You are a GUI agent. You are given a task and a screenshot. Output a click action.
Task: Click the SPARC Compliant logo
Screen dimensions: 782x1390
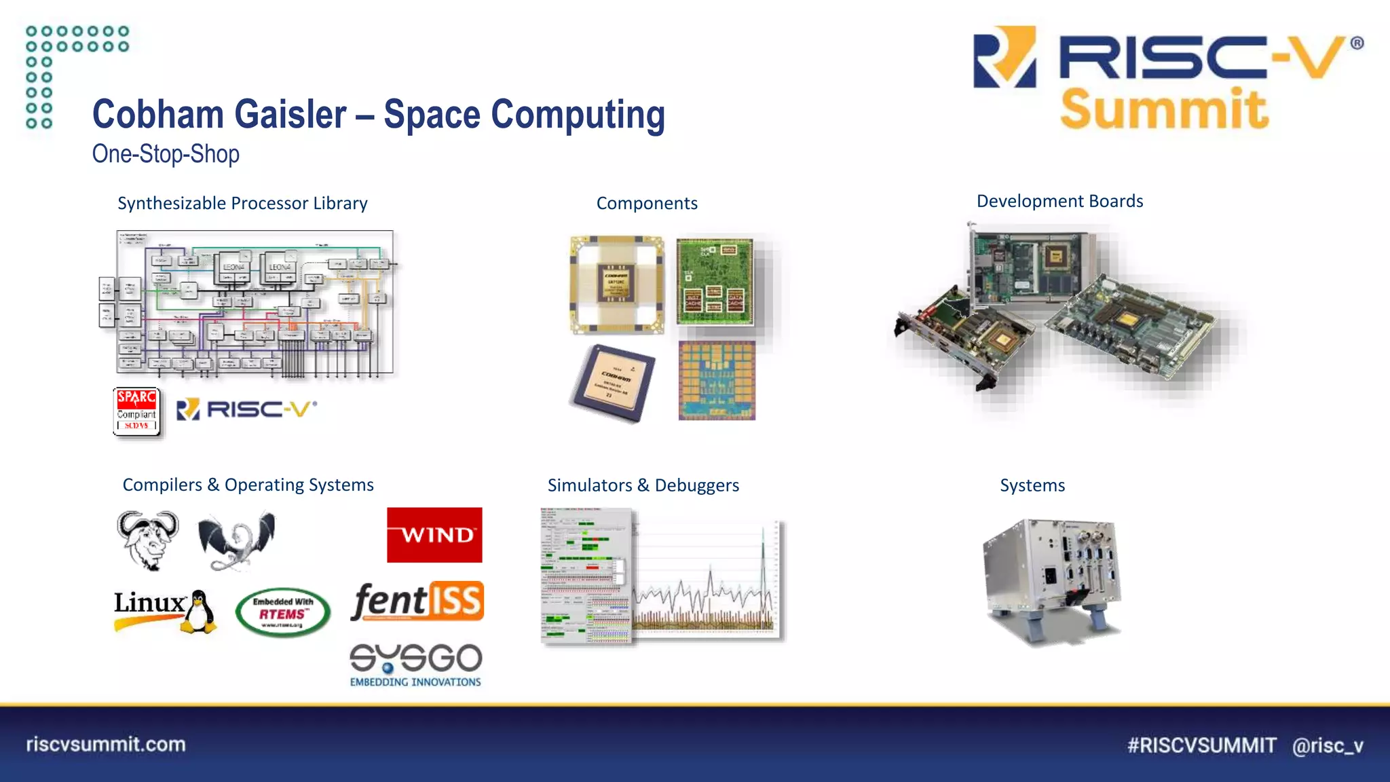(136, 411)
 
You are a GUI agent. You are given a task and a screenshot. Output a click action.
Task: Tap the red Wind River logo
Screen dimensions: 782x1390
(434, 535)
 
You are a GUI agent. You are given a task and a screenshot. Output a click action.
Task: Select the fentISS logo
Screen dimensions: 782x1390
(417, 601)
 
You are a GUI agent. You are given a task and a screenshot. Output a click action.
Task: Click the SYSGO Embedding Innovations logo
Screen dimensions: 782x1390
(415, 665)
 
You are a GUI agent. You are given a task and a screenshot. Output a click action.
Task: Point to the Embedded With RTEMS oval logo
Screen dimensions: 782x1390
(283, 612)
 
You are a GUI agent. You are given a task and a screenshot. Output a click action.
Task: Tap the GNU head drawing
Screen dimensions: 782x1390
(147, 540)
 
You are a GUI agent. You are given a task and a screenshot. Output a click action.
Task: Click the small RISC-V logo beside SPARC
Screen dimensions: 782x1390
(246, 409)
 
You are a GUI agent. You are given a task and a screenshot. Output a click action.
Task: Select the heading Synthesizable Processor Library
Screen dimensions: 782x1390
(242, 203)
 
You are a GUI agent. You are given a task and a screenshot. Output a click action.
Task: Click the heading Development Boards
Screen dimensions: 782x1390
(1059, 201)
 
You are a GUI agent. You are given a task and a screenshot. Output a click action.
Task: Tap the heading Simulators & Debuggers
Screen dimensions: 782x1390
(643, 485)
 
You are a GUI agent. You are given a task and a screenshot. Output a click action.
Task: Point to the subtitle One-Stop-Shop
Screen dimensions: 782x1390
(166, 154)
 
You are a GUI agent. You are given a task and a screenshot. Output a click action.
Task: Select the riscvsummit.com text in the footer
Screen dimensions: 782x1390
(106, 744)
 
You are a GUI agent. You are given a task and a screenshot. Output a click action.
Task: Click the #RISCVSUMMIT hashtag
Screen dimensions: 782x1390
(1201, 745)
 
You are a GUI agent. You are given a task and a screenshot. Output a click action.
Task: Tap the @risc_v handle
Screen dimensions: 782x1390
(1328, 745)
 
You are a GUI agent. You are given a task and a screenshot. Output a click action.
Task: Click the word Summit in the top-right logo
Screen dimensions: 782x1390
(1164, 109)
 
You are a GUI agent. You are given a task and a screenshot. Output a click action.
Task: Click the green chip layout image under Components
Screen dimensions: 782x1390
(715, 280)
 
